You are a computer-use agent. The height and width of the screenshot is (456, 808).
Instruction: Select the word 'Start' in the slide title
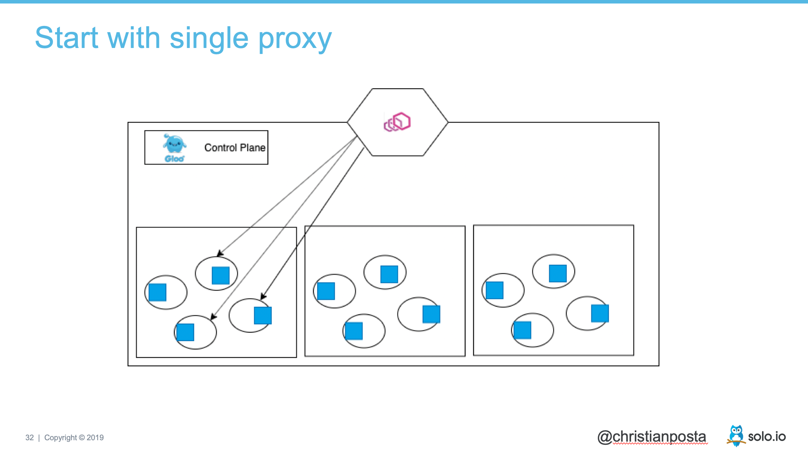(x=67, y=38)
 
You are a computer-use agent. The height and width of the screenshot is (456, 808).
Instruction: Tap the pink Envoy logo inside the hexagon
(x=397, y=122)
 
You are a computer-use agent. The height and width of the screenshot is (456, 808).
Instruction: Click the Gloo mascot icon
(x=174, y=144)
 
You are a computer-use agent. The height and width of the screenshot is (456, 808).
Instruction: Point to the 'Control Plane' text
(x=235, y=148)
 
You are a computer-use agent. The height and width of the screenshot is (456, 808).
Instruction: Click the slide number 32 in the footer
(x=29, y=437)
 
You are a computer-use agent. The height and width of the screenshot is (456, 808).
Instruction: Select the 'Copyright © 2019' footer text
(x=74, y=437)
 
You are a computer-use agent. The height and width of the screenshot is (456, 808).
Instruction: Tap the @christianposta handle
(x=652, y=437)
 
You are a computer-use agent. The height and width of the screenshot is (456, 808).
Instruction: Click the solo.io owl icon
(x=736, y=435)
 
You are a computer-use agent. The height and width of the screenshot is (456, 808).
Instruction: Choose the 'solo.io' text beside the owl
(x=767, y=437)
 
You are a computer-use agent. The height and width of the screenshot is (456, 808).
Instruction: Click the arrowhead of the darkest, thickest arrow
(x=263, y=296)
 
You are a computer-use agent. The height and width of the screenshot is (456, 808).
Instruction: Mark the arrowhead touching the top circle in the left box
(x=220, y=254)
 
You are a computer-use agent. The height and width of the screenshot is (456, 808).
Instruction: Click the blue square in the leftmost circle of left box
(x=157, y=292)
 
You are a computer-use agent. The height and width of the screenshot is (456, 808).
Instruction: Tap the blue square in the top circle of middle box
(x=389, y=274)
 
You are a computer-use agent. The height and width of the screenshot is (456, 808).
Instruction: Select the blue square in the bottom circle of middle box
(x=354, y=331)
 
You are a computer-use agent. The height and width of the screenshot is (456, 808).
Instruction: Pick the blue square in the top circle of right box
(x=557, y=274)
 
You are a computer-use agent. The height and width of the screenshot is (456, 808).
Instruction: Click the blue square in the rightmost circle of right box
(x=600, y=313)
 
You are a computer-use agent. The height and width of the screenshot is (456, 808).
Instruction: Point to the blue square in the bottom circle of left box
(x=185, y=332)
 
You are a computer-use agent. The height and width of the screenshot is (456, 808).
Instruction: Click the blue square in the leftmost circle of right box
(x=494, y=290)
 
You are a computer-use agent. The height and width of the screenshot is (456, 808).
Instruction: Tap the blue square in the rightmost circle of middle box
(x=431, y=314)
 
